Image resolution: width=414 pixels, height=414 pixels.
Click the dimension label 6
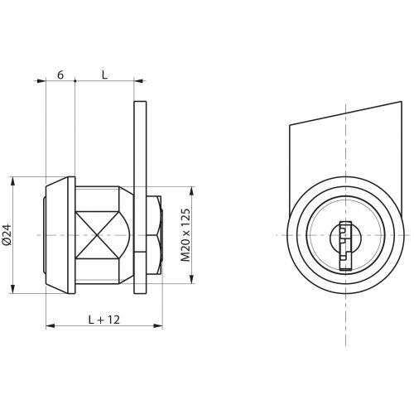click(x=60, y=75)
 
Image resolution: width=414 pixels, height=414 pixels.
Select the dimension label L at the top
click(x=104, y=75)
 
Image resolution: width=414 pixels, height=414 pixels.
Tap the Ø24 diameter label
click(x=7, y=234)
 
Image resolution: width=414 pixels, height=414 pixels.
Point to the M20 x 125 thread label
click(x=185, y=235)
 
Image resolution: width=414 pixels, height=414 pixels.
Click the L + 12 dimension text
click(x=104, y=320)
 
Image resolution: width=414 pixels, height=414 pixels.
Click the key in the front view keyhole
click(x=345, y=245)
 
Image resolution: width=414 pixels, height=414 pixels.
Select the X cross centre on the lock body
click(x=96, y=235)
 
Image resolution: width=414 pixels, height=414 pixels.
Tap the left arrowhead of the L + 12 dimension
click(x=50, y=326)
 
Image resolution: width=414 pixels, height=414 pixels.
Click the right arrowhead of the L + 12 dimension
click(x=158, y=326)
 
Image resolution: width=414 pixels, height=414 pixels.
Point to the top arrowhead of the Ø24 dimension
click(x=12, y=181)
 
